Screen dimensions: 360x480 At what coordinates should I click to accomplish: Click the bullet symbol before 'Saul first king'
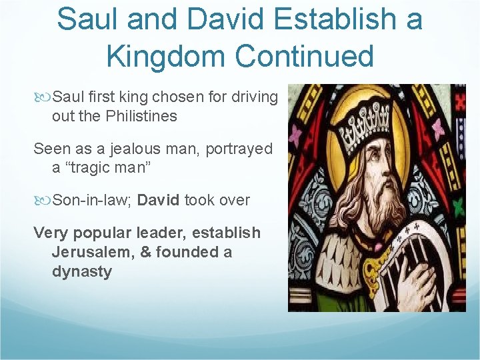(44, 97)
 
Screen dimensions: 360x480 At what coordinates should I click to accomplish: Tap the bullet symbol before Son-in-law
(44, 200)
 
